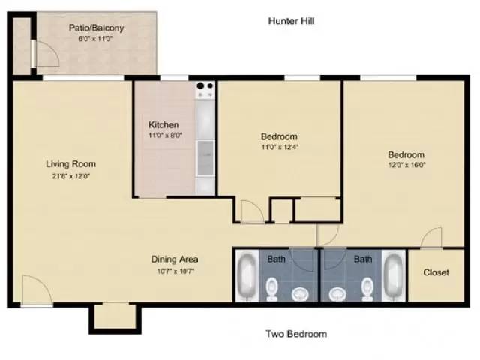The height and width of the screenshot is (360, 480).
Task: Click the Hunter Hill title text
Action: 291,21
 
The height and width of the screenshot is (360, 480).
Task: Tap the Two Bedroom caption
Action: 296,333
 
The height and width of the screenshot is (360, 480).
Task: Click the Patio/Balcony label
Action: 96,28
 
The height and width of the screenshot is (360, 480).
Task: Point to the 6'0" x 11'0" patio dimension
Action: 95,39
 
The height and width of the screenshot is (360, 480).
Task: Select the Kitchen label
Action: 163,124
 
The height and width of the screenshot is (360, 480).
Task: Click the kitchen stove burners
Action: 205,86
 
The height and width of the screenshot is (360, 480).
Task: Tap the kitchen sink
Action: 205,158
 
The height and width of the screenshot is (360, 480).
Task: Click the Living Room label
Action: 70,164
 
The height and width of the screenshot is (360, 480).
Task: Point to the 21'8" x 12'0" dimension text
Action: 70,176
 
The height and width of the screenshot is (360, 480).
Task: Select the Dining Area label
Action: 175,259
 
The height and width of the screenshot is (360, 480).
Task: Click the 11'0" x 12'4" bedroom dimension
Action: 280,147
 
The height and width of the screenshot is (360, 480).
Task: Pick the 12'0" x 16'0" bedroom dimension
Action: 406,165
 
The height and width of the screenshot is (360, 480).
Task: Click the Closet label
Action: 436,272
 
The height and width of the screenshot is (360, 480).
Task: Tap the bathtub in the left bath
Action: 247,275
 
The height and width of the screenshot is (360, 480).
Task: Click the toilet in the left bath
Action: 271,289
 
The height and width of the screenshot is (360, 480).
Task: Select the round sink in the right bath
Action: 337,294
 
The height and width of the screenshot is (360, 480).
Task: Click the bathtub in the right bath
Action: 394,275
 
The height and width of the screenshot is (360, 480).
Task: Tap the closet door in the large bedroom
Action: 432,238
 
